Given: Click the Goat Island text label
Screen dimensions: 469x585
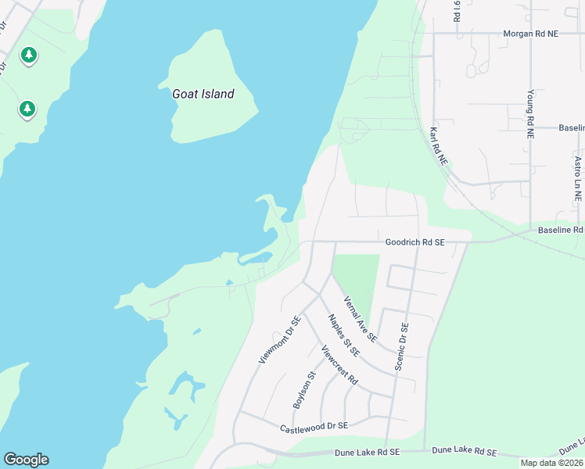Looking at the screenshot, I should [x=203, y=94].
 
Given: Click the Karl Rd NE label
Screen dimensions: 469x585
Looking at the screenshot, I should [x=438, y=146].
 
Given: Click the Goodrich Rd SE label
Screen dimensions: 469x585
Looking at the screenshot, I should [x=415, y=242].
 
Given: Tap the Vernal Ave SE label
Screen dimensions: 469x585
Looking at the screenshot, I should [x=360, y=319].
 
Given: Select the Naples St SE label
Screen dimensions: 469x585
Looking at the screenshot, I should [x=343, y=335].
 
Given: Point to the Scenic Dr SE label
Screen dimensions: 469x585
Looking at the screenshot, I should [x=403, y=346].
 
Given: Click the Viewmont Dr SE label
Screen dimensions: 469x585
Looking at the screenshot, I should [x=279, y=340].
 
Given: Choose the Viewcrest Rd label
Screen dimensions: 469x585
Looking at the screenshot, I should [x=339, y=365].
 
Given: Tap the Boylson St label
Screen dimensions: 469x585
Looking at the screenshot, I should [x=303, y=389].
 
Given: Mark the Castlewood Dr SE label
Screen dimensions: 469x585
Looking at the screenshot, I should [x=313, y=427].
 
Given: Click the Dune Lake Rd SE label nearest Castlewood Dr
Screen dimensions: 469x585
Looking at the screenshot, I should [x=368, y=452].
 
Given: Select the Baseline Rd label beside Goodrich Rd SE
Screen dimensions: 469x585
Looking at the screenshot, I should [x=561, y=230].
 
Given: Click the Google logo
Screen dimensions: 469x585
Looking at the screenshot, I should [x=26, y=460].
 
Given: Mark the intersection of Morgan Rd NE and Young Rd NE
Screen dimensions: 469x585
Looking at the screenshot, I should [x=530, y=34].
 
